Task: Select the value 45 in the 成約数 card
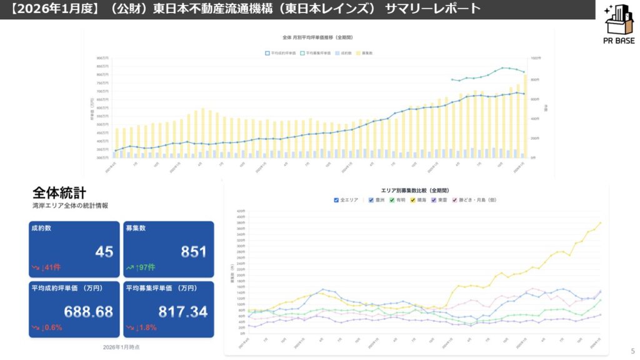tap(104, 252)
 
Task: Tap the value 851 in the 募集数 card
tap(194, 252)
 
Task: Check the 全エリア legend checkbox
tap(337, 200)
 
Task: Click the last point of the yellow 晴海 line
tap(601, 222)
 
